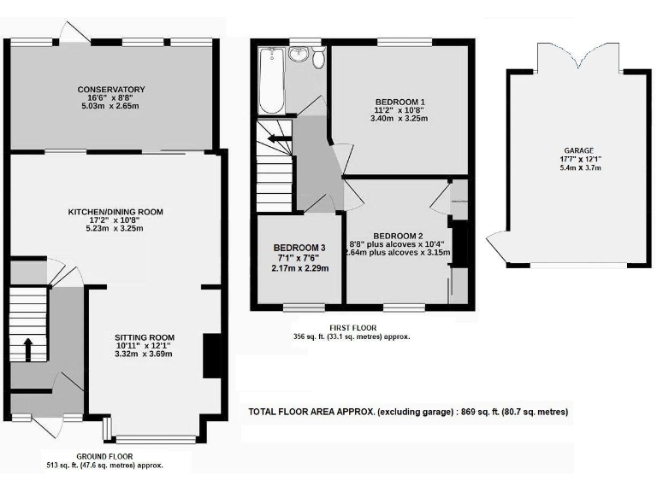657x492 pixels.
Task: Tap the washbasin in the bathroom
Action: point(299,56)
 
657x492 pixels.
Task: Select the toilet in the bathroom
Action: point(318,57)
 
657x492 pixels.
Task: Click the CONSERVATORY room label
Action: point(111,90)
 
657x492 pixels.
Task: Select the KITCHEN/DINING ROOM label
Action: point(116,211)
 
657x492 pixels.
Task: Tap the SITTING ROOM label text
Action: point(144,337)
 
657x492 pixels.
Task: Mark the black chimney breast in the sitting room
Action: point(210,355)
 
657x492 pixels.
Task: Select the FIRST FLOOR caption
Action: point(352,327)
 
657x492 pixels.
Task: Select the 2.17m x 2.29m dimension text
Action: point(297,268)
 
